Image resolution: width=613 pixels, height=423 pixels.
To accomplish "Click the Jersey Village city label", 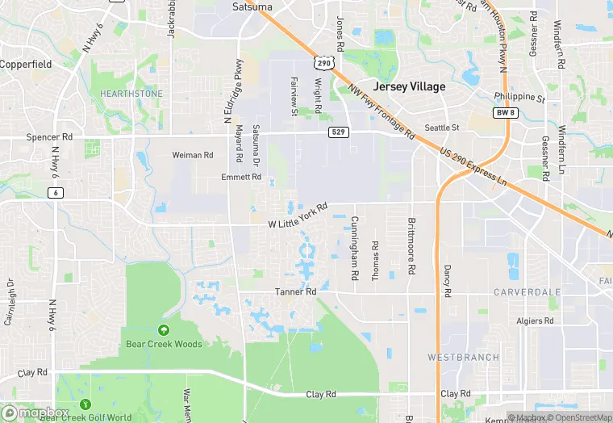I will (408, 86).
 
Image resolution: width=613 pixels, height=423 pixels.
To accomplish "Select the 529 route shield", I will (339, 132).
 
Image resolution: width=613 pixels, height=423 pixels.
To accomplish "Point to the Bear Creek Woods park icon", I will (164, 329).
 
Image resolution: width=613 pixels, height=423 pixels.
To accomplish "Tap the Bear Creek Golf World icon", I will (85, 404).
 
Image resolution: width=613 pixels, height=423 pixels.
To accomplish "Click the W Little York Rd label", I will (298, 218).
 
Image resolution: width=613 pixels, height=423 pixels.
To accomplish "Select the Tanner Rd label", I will (295, 291).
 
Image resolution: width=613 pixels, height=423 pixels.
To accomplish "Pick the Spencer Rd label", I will (49, 137).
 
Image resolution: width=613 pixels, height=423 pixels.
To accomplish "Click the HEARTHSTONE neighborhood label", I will (131, 94).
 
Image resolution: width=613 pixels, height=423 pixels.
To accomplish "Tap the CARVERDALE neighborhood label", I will (527, 291).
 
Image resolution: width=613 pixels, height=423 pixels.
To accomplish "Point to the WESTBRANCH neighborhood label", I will (463, 357).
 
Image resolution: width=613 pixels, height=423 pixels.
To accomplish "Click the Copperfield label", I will (25, 63).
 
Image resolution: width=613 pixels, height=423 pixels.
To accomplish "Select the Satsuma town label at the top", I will (252, 6).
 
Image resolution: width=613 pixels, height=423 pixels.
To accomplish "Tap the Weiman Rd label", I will (193, 155).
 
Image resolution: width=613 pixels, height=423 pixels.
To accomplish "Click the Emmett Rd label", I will (241, 176).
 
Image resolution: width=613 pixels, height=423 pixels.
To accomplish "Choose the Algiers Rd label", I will (535, 320).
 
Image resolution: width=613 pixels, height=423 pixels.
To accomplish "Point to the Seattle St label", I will (442, 128).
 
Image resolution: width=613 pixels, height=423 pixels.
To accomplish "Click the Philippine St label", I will (519, 97).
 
